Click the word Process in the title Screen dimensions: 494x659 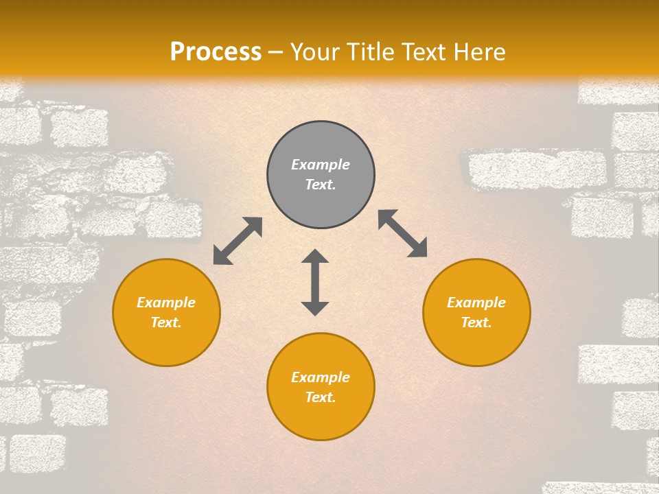[x=216, y=52]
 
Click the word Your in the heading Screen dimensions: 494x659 [x=315, y=52]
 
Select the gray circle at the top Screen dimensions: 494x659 [x=321, y=141]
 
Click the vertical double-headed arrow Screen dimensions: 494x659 [x=315, y=282]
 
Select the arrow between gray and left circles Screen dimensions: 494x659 [x=238, y=241]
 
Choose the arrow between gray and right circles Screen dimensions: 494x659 [x=403, y=233]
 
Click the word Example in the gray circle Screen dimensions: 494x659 [x=321, y=165]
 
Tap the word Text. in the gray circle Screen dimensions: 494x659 [x=321, y=185]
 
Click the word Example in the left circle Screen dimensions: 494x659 [x=166, y=303]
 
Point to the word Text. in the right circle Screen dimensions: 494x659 [x=476, y=322]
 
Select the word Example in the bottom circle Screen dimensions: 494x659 [x=321, y=377]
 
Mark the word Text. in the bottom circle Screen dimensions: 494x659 [x=321, y=397]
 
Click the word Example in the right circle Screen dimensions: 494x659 [x=476, y=303]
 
